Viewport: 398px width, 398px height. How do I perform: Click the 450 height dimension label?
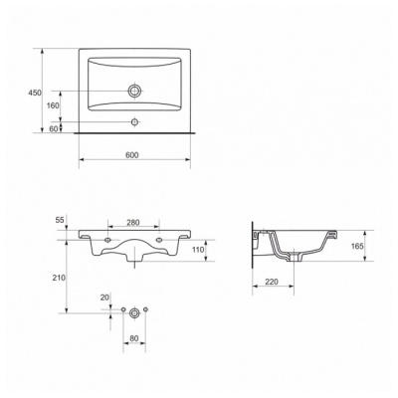(x=35, y=93)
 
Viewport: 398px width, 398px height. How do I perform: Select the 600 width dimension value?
(x=131, y=155)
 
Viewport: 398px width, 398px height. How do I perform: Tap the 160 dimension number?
(x=53, y=105)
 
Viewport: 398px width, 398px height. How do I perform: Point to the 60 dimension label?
(x=54, y=129)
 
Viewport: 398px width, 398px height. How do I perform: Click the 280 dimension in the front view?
(x=133, y=223)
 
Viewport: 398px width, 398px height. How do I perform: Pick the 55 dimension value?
(x=60, y=220)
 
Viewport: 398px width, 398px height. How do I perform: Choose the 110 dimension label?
(x=198, y=250)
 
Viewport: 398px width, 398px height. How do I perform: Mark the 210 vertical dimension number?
(x=59, y=278)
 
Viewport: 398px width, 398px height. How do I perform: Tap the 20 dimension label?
(x=104, y=298)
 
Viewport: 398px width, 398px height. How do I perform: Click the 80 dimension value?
(x=134, y=338)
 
